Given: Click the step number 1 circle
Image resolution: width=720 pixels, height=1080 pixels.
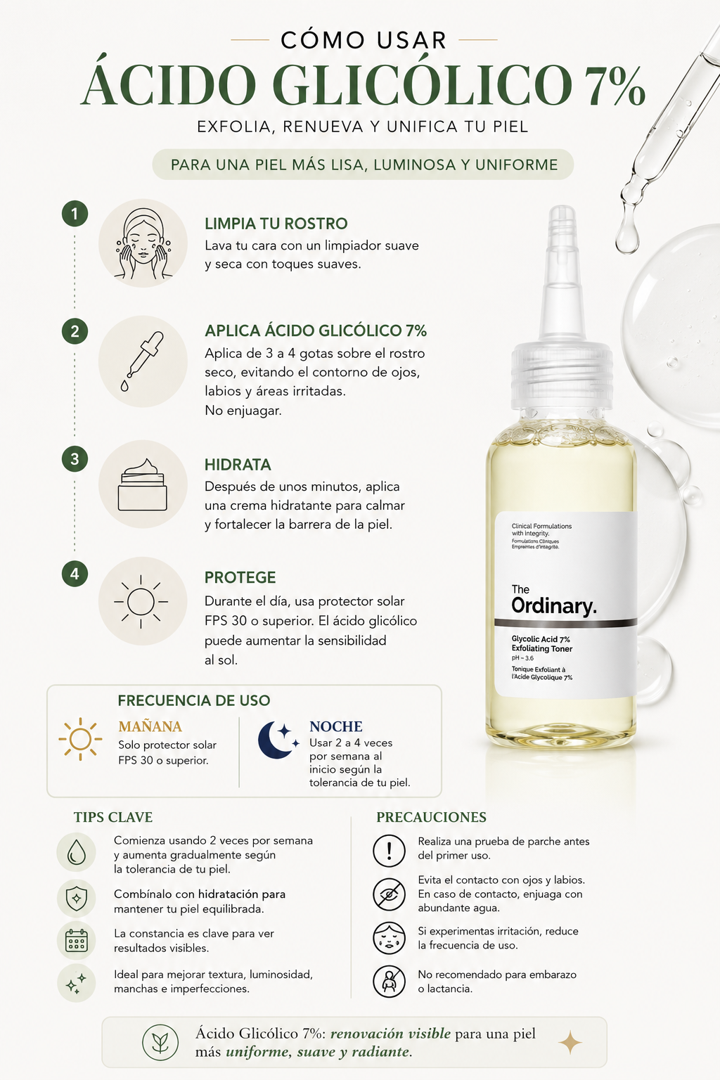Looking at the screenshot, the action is pyautogui.click(x=75, y=214).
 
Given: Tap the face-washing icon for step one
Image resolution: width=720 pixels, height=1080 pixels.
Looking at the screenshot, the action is pyautogui.click(x=143, y=243).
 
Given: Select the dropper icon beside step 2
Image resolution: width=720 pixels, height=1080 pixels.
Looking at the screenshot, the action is pyautogui.click(x=142, y=361).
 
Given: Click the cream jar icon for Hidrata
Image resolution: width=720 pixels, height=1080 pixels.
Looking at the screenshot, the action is pyautogui.click(x=143, y=484).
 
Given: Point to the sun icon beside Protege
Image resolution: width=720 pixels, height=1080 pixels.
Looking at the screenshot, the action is pyautogui.click(x=141, y=601).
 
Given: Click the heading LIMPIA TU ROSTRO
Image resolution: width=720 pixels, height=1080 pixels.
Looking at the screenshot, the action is pyautogui.click(x=276, y=224).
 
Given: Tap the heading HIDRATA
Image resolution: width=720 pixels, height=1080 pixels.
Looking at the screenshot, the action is pyautogui.click(x=238, y=465).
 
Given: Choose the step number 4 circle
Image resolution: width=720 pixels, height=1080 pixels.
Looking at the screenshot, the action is pyautogui.click(x=75, y=574).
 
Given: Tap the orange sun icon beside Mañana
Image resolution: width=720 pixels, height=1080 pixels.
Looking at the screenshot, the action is pyautogui.click(x=80, y=739).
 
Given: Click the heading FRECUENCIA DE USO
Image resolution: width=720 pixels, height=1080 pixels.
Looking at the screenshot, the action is pyautogui.click(x=194, y=700).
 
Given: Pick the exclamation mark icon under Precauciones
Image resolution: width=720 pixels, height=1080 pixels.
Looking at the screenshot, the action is pyautogui.click(x=389, y=851).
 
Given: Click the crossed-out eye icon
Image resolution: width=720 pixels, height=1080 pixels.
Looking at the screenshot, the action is pyautogui.click(x=389, y=894).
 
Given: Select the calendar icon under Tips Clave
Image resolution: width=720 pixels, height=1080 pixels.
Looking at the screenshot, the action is pyautogui.click(x=76, y=940).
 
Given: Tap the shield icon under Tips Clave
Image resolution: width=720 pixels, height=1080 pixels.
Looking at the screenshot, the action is pyautogui.click(x=76, y=898).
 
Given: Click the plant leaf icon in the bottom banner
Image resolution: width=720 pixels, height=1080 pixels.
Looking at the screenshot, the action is pyautogui.click(x=160, y=1043).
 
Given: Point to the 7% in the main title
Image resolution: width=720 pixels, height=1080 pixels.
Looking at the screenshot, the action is pyautogui.click(x=615, y=86).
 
